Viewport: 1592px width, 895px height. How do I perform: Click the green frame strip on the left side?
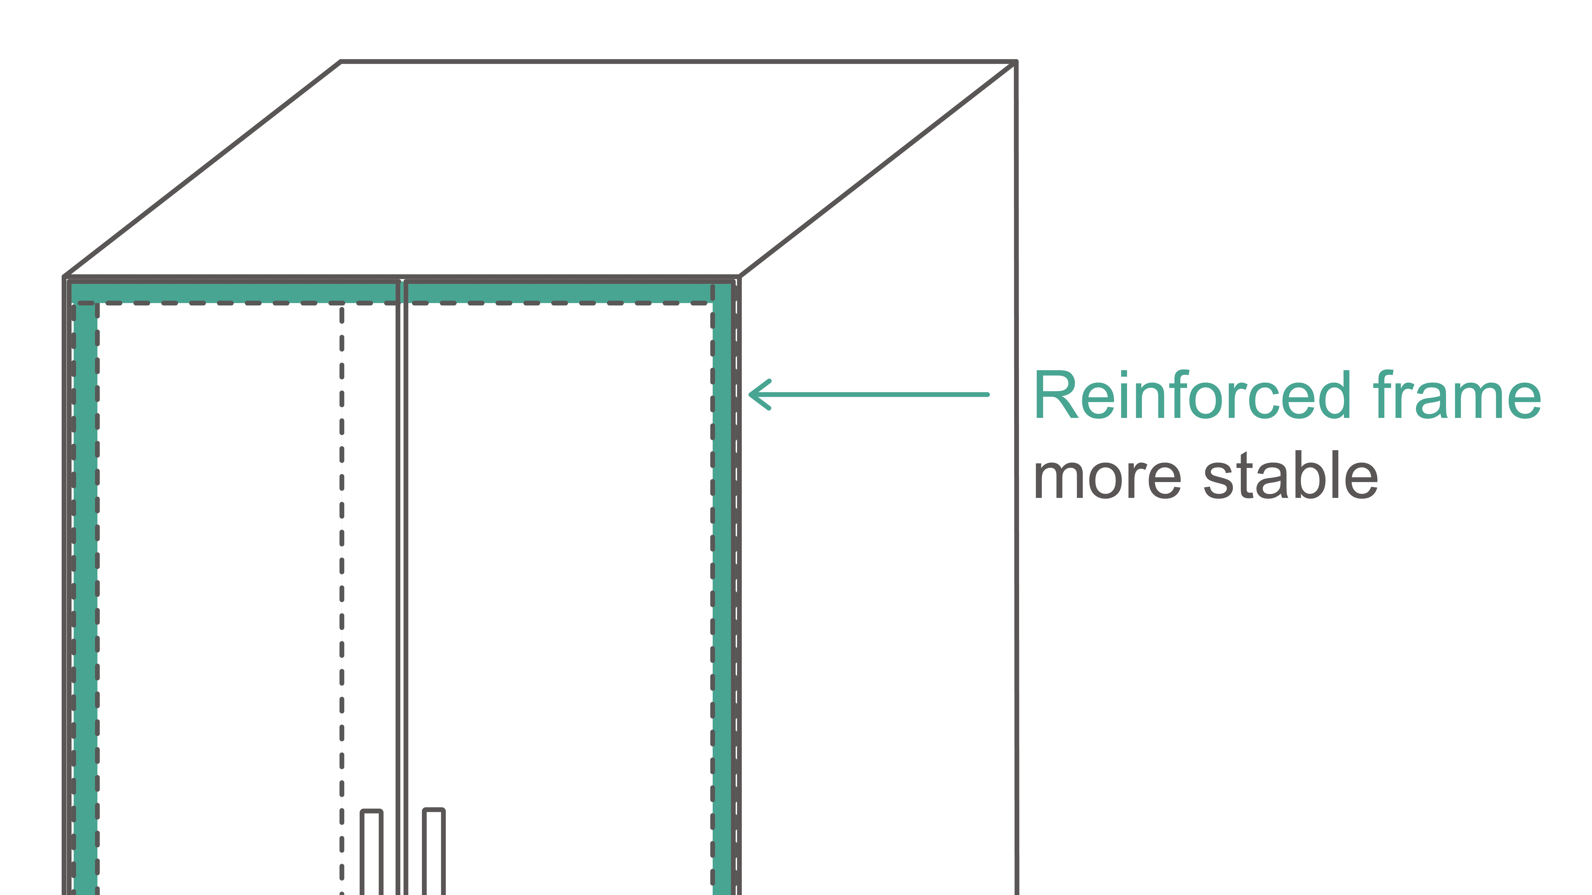(x=85, y=556)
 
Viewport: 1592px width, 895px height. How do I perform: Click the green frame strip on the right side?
(x=722, y=556)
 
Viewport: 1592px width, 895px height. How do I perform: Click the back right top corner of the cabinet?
(x=1015, y=62)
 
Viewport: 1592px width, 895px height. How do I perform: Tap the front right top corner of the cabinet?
(x=739, y=277)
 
